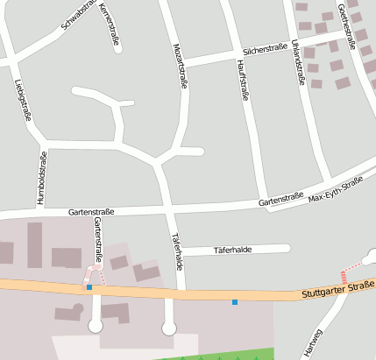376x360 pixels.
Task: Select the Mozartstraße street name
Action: [181, 66]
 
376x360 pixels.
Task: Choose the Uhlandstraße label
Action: [299, 62]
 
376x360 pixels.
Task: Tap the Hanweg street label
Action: [312, 342]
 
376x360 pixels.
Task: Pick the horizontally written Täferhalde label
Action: [232, 250]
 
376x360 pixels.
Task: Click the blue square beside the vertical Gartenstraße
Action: [89, 286]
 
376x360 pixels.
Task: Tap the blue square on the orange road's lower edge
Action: [235, 302]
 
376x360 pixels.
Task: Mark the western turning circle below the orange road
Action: [96, 326]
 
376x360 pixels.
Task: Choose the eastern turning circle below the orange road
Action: [169, 328]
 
